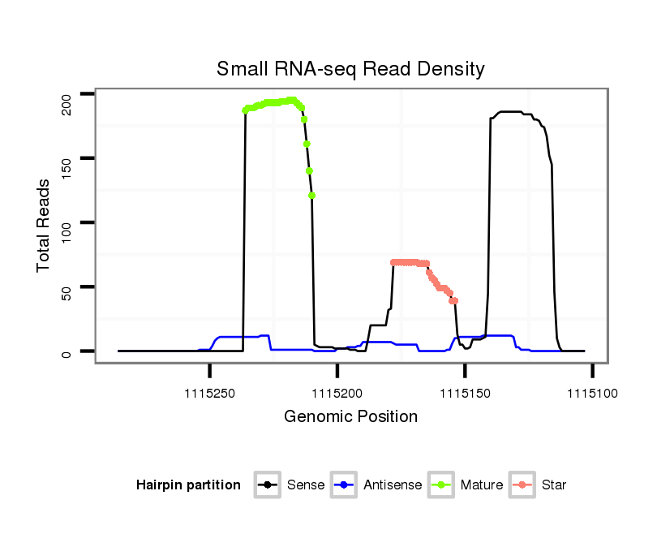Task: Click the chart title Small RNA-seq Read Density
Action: (350, 69)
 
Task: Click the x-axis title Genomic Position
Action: (350, 417)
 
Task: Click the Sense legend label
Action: (306, 485)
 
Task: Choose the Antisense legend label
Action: (393, 485)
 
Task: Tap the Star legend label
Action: (554, 485)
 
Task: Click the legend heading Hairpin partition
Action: (188, 485)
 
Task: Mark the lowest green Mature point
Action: (312, 196)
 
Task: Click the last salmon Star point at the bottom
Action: (455, 301)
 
